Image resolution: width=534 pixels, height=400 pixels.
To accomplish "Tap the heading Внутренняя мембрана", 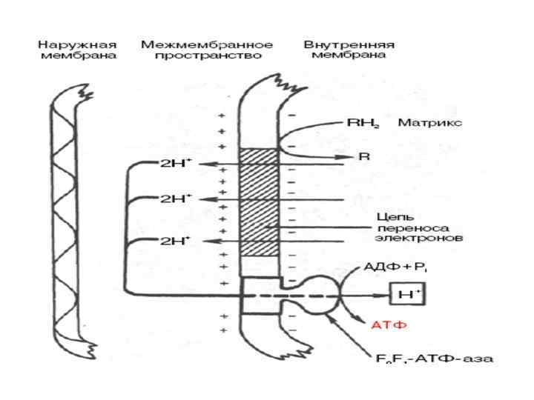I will [x=349, y=50].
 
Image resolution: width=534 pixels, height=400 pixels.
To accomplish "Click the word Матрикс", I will [x=430, y=122].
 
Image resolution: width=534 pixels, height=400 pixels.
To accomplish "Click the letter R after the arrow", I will [x=363, y=157].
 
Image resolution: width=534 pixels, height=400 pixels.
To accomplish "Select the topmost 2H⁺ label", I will [x=176, y=164].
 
